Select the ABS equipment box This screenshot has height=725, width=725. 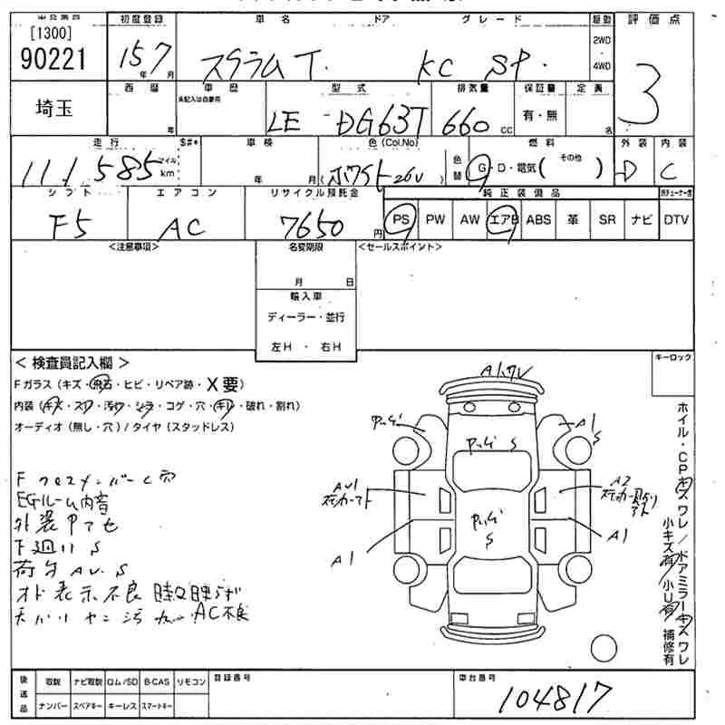tap(538, 219)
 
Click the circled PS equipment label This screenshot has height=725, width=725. tap(401, 219)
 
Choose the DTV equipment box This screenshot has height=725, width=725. tap(676, 219)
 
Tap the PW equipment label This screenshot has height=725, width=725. tap(436, 219)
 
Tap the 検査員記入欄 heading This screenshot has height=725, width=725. tap(72, 362)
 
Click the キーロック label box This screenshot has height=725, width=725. tap(672, 358)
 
